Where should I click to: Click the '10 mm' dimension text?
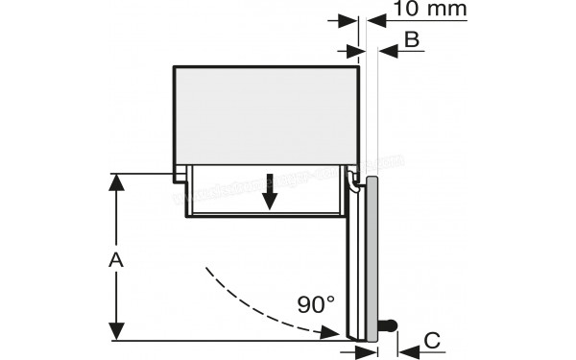click(x=429, y=11)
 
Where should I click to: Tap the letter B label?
click(x=411, y=39)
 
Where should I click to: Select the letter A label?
click(x=115, y=259)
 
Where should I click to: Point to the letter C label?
click(x=433, y=339)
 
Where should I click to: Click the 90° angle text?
click(x=316, y=305)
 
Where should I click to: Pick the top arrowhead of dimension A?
click(x=115, y=182)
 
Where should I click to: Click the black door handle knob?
click(x=388, y=325)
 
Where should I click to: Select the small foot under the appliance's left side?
click(x=180, y=174)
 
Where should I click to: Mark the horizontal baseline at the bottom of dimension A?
click(x=221, y=340)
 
